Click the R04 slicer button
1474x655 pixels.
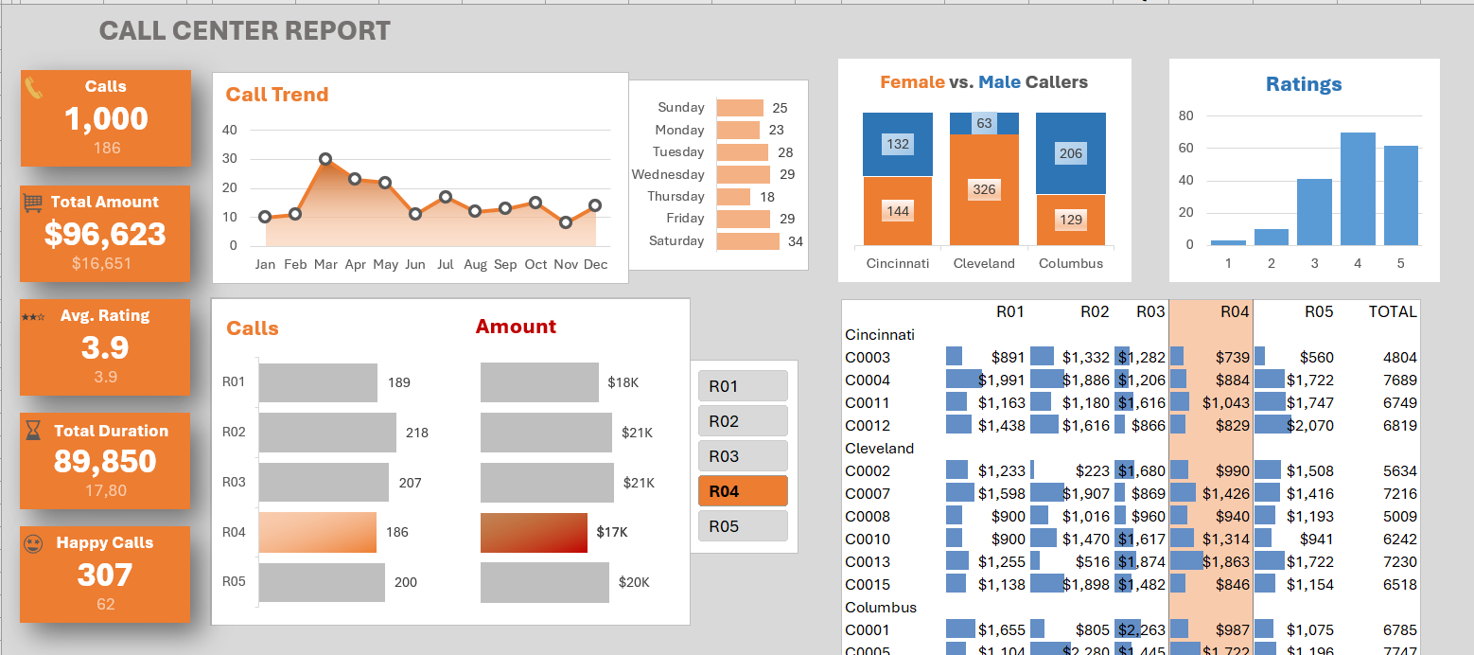(x=743, y=491)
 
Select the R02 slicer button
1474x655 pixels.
(x=743, y=421)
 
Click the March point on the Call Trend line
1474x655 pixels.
(x=325, y=160)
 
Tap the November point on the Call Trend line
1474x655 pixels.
(x=566, y=222)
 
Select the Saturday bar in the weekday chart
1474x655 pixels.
(x=747, y=241)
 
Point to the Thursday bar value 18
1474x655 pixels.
(x=767, y=197)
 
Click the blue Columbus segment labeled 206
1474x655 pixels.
(x=1071, y=153)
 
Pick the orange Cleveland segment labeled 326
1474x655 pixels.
(x=984, y=189)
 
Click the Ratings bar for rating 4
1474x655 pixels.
(x=1358, y=188)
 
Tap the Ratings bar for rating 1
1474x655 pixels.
(x=1228, y=242)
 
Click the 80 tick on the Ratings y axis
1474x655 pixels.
(x=1185, y=115)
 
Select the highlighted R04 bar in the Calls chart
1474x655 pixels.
(x=317, y=532)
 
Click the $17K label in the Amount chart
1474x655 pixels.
(x=612, y=532)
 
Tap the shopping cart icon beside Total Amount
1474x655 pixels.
(x=33, y=202)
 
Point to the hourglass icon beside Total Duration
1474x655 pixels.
(x=33, y=431)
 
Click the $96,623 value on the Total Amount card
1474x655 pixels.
(x=105, y=234)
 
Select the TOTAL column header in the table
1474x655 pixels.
(x=1393, y=311)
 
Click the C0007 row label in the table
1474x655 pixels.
(x=867, y=493)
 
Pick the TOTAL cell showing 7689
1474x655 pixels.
(x=1399, y=380)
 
